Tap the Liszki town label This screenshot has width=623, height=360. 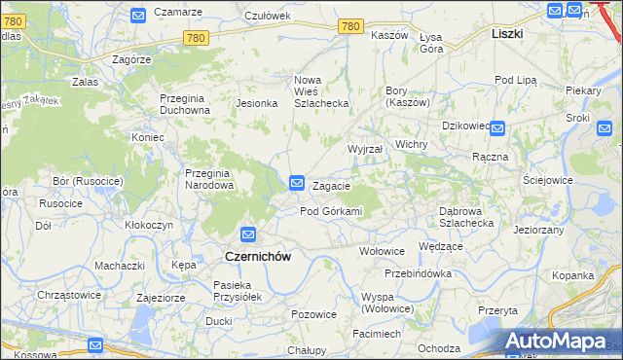point(507,33)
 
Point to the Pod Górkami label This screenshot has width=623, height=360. point(331,211)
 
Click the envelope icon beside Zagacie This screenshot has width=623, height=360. point(298,182)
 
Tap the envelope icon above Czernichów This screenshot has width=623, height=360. point(248,234)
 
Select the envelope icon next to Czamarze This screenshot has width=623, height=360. point(137,15)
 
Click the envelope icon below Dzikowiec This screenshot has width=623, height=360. point(496,127)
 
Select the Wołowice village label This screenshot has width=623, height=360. point(382,250)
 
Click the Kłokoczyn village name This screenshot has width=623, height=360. point(149,224)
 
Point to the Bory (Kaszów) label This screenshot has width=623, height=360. point(402,96)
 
